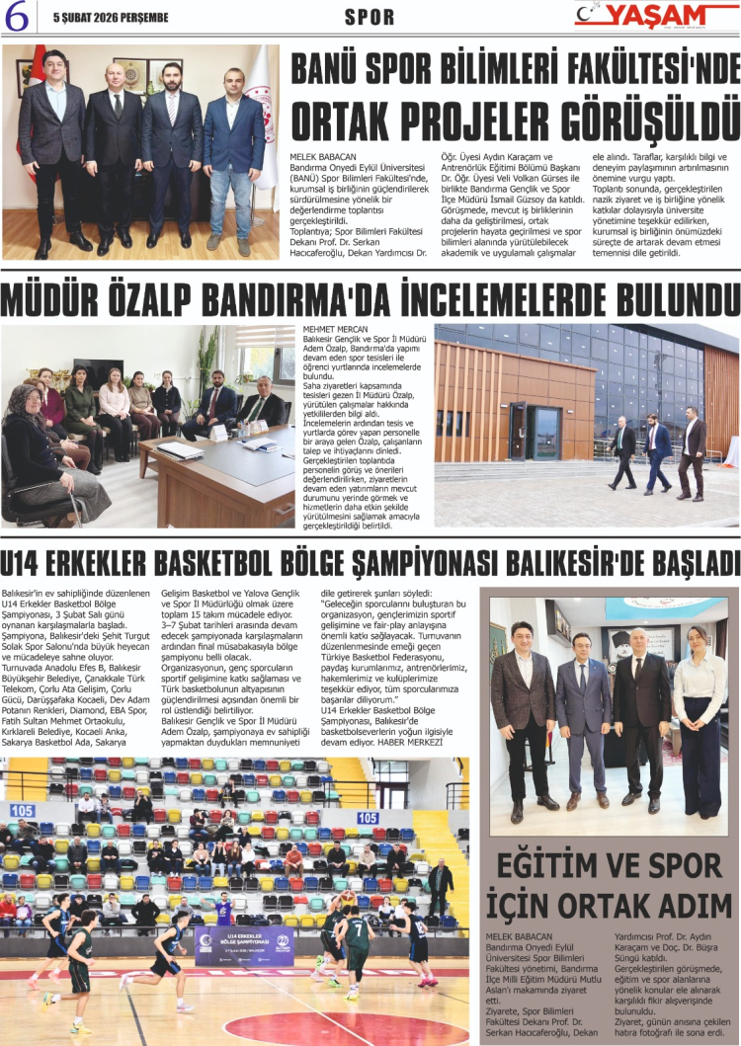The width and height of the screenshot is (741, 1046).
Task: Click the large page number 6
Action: pyautogui.click(x=19, y=16)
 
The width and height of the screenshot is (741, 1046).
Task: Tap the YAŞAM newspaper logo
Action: pyautogui.click(x=656, y=15)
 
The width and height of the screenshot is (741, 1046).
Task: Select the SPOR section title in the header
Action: pyautogui.click(x=370, y=17)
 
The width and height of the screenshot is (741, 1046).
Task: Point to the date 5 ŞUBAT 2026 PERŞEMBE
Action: pyautogui.click(x=111, y=17)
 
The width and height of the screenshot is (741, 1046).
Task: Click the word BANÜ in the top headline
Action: pyautogui.click(x=333, y=69)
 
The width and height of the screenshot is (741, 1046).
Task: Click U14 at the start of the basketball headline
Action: pyautogui.click(x=25, y=563)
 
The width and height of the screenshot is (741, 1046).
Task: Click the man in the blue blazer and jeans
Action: pyautogui.click(x=234, y=148)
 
